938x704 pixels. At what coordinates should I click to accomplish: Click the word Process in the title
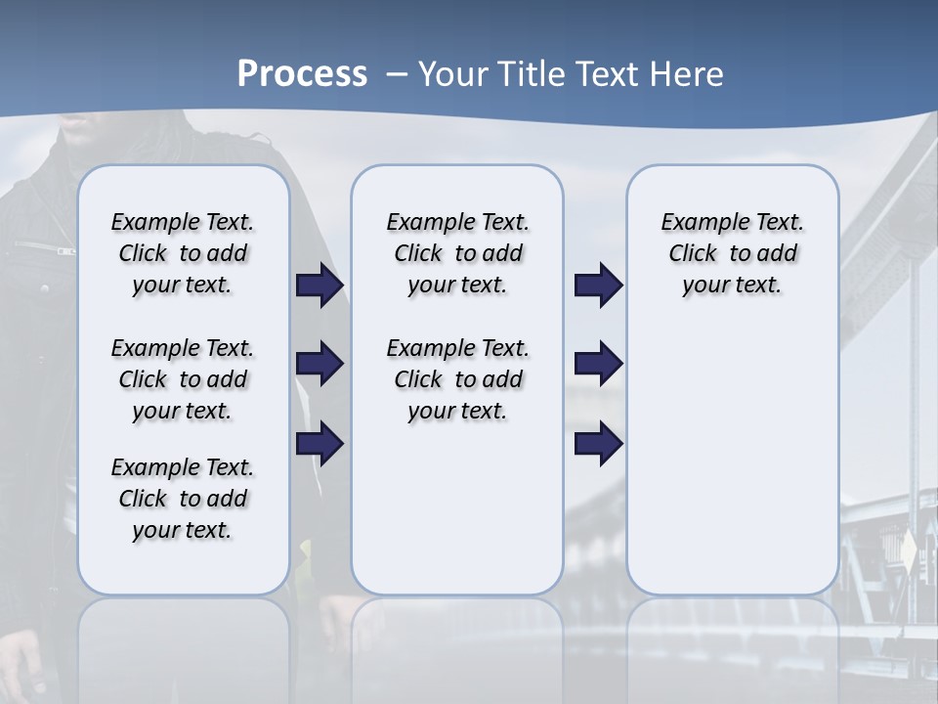click(x=302, y=73)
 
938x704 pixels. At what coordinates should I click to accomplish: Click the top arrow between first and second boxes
click(x=320, y=286)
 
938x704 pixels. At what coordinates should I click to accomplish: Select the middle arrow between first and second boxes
click(x=320, y=365)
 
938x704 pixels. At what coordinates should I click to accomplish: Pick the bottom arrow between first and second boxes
click(x=320, y=444)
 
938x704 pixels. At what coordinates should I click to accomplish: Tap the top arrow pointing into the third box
click(x=598, y=286)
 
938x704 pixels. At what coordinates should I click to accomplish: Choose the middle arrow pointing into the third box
click(x=598, y=365)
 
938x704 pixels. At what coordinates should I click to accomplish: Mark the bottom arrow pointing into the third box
click(x=598, y=444)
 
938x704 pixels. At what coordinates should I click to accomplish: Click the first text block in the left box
click(x=183, y=253)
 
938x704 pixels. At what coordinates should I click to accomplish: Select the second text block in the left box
click(x=183, y=379)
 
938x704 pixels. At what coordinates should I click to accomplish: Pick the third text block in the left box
click(x=183, y=499)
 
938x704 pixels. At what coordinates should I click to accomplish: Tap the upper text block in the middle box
click(x=457, y=253)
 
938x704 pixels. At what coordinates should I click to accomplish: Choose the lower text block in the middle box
click(x=457, y=379)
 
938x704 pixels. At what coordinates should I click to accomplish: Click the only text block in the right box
click(x=732, y=253)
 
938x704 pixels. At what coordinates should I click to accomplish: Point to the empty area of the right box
click(x=732, y=450)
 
